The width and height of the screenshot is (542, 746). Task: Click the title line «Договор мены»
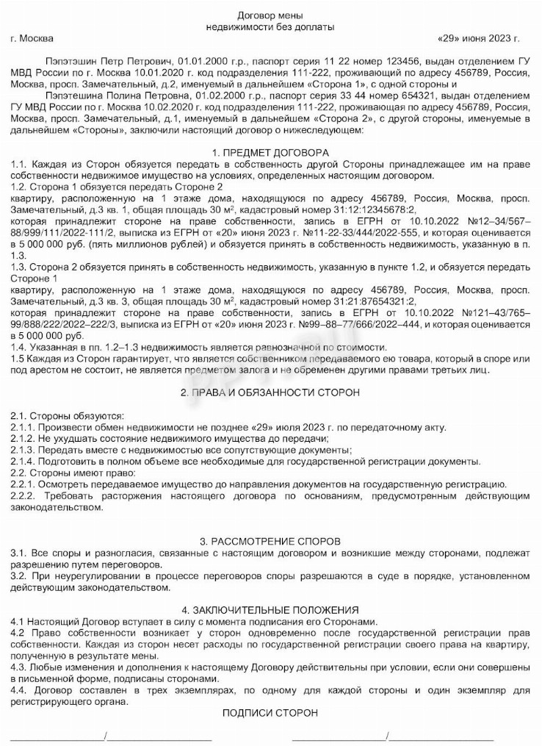click(270, 15)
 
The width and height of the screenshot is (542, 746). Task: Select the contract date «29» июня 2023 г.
click(477, 38)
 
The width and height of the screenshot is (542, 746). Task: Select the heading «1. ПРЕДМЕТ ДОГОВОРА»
click(270, 152)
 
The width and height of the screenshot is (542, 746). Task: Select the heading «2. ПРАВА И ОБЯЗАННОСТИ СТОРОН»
click(270, 392)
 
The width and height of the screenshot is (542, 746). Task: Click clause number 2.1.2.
click(24, 439)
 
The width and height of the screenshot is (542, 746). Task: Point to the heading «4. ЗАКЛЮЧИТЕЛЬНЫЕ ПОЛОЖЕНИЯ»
click(270, 610)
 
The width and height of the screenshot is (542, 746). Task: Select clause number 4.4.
click(19, 690)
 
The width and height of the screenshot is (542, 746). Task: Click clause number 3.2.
click(19, 575)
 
